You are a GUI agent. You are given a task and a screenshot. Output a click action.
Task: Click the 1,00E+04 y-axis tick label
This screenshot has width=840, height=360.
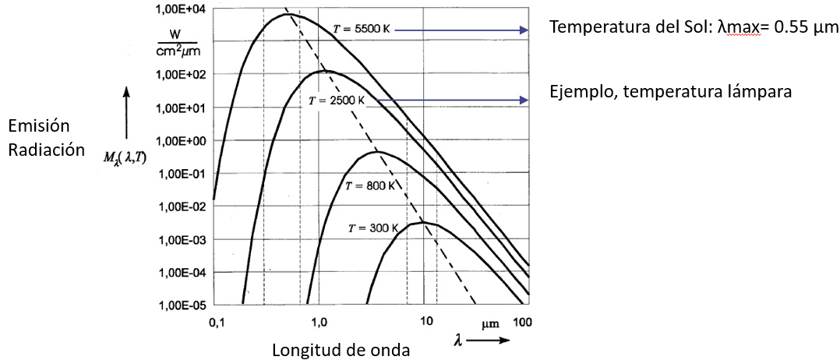[176, 9]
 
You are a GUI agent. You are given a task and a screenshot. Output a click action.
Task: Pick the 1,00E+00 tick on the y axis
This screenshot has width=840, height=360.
[176, 140]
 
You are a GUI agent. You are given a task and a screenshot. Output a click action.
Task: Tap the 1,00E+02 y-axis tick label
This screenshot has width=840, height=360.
[176, 75]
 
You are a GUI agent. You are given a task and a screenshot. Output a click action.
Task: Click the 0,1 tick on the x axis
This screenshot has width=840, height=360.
[215, 323]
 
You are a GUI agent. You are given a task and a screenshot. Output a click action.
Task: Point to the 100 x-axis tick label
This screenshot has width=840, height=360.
[522, 323]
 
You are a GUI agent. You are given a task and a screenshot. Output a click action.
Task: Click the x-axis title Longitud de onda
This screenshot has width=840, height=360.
[343, 350]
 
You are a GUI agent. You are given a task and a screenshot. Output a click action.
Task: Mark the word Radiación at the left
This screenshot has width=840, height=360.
[46, 150]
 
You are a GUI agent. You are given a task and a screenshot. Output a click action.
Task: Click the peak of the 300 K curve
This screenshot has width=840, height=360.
[423, 222]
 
